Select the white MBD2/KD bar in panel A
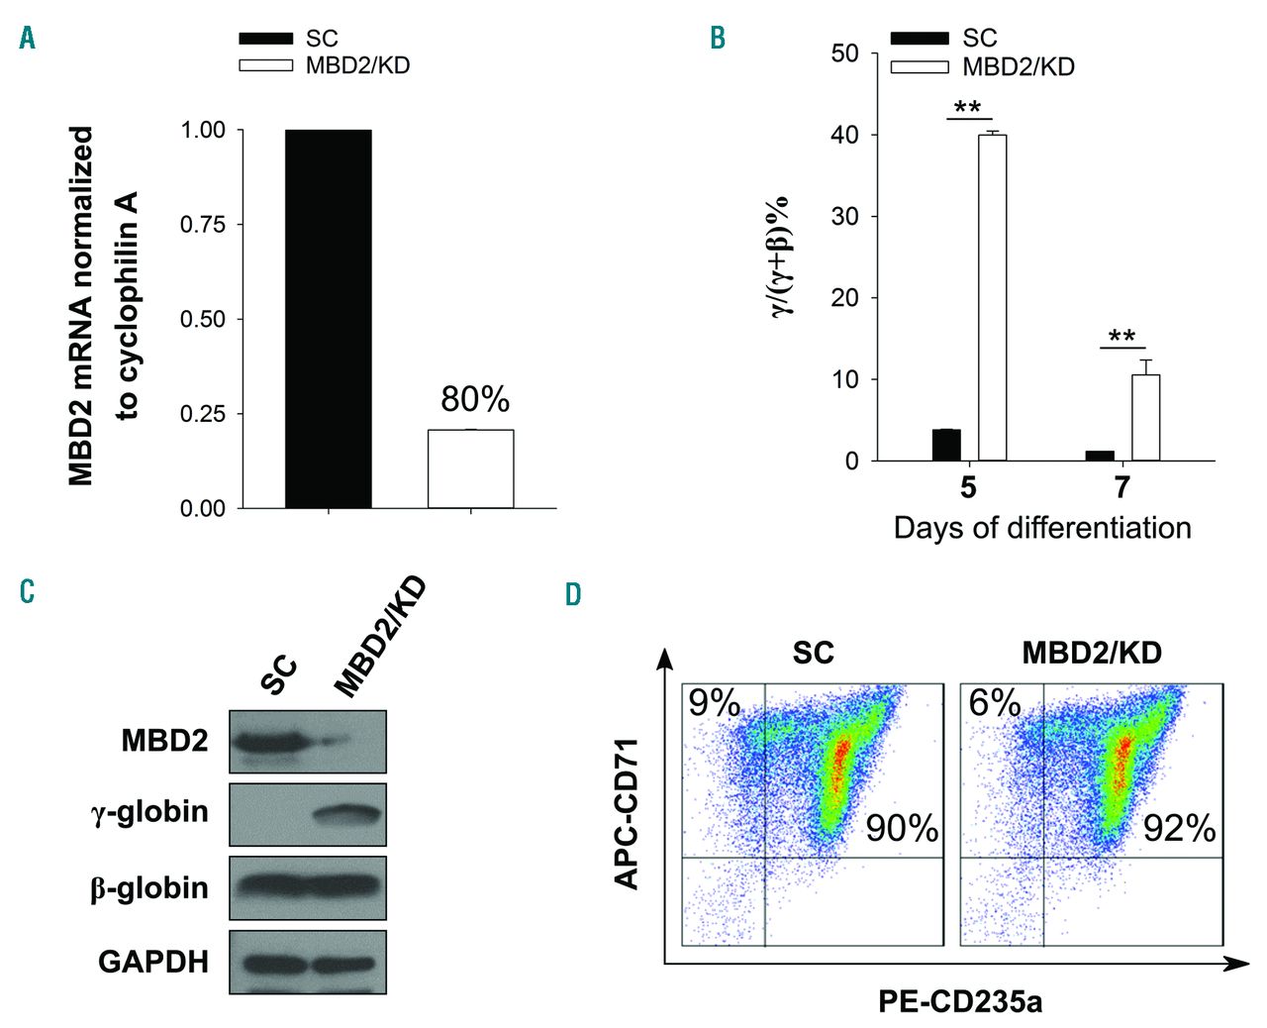point(470,468)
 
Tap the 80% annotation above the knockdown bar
point(475,399)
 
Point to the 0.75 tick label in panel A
point(203,225)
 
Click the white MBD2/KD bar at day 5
point(992,297)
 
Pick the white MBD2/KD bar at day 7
point(1145,418)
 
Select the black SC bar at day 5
point(946,446)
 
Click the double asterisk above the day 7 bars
point(1121,337)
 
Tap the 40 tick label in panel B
point(844,135)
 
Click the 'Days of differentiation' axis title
point(1042,528)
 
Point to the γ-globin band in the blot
point(346,813)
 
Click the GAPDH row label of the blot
point(153,962)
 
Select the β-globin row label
point(149,887)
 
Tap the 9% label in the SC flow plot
point(714,704)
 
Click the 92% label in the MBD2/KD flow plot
point(1179,828)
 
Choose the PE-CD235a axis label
point(959,1002)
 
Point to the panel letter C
point(27,591)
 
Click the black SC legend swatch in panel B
point(920,39)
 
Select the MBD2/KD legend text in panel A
point(357,66)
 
